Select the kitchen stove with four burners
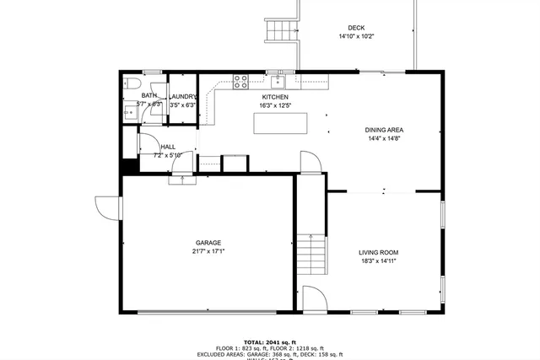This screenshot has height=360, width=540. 240,82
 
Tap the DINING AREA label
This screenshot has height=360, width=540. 384,130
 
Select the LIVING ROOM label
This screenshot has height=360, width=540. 378,252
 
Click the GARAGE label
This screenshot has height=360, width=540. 208,243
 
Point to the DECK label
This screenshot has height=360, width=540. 356,28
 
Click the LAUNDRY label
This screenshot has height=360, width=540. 183,96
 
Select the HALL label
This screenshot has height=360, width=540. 168,146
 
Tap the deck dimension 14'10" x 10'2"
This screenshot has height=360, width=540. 356,36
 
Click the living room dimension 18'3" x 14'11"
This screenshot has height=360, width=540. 378,261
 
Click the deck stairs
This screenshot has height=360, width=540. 279,31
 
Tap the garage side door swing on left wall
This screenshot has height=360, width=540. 108,207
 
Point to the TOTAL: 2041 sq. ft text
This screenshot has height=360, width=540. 270,341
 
